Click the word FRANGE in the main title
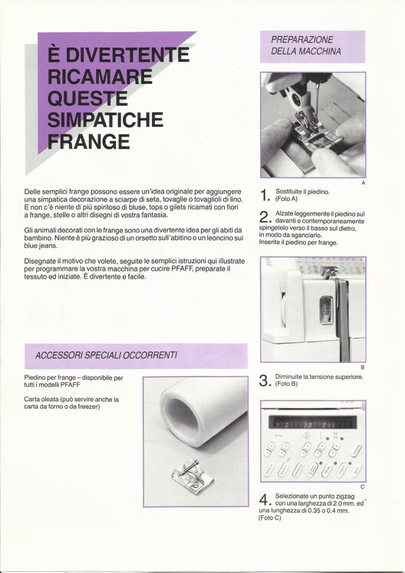click(89, 142)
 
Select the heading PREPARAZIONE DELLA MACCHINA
click(306, 45)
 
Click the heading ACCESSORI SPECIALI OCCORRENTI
click(106, 355)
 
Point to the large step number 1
click(265, 196)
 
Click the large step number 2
click(265, 217)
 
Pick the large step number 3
click(265, 380)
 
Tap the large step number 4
click(265, 500)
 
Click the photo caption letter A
click(363, 183)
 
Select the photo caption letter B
click(363, 367)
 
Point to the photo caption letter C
click(362, 487)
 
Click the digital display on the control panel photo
click(312, 423)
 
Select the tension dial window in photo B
click(325, 310)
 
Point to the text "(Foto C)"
click(270, 519)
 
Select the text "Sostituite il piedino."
click(303, 192)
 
